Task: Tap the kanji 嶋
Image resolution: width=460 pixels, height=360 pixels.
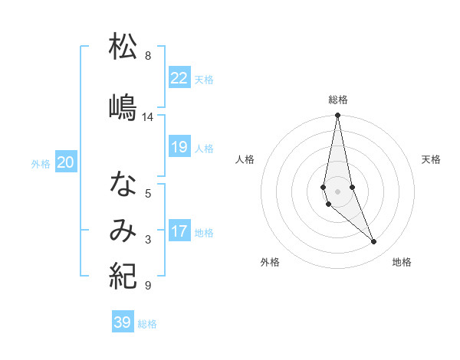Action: [123, 107]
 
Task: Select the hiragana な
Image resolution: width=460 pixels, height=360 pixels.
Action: [123, 184]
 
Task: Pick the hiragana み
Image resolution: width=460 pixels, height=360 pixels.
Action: [123, 229]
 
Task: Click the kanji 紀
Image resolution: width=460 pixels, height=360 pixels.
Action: [123, 275]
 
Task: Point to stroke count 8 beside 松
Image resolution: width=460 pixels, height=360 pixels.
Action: [147, 56]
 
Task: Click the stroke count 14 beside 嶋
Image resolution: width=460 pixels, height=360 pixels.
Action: [147, 117]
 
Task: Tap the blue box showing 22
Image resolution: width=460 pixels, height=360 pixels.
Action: [179, 77]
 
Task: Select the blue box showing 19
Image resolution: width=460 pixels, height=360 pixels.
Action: [179, 147]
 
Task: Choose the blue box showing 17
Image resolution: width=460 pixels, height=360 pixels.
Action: [179, 231]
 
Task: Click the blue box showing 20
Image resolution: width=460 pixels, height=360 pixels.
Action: [66, 162]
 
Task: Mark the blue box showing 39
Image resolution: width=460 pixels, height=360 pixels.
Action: [122, 322]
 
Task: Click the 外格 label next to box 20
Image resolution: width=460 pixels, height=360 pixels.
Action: [41, 163]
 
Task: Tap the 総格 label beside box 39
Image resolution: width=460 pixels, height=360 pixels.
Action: [148, 324]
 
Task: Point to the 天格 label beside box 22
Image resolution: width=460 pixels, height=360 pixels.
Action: [204, 79]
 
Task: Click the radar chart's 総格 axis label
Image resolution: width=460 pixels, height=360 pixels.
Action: [337, 100]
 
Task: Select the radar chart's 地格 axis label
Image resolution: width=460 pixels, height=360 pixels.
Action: [402, 262]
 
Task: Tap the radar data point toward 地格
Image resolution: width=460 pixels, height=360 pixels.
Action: [374, 242]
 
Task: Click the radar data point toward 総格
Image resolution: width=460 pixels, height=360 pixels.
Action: [337, 116]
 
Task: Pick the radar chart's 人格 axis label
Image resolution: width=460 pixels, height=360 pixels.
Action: [245, 159]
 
